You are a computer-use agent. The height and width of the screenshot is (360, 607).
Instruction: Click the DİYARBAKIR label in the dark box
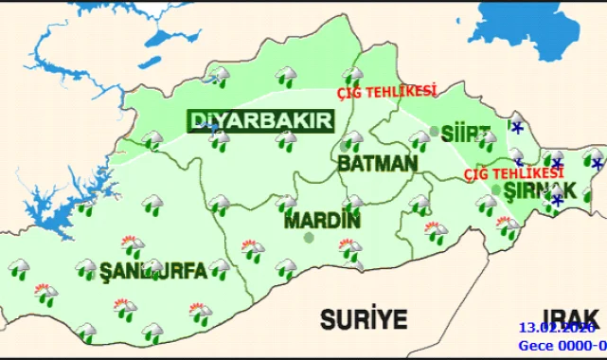pos(261,121)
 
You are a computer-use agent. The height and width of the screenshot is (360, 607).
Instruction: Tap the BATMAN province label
pos(377,164)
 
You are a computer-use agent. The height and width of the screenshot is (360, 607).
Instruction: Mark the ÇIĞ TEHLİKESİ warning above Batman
pos(388,92)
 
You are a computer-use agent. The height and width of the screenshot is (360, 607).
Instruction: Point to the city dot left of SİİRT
pos(434,131)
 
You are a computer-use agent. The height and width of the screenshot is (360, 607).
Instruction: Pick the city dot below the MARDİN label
pos(308,237)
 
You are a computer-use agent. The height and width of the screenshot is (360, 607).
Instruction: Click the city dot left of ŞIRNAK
pos(496,189)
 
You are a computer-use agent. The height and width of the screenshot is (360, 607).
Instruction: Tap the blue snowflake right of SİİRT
pos(516,126)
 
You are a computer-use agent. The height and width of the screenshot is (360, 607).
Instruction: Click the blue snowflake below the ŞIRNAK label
pos(557,200)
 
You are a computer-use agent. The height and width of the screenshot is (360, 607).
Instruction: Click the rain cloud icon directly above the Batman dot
pos(352,139)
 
